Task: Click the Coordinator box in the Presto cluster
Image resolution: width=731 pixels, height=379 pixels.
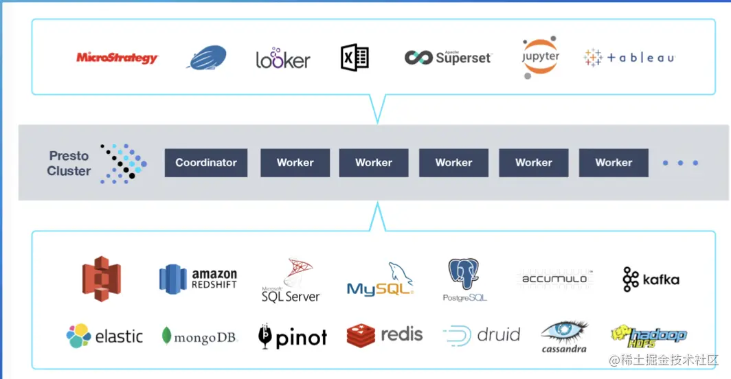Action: (206, 163)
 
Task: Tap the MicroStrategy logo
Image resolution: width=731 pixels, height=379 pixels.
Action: (117, 58)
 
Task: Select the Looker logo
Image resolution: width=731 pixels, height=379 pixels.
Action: (283, 59)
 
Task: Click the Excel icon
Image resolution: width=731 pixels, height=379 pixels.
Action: (355, 58)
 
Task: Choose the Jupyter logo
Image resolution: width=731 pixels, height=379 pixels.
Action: (540, 58)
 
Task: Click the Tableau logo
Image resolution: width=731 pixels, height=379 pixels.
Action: (629, 58)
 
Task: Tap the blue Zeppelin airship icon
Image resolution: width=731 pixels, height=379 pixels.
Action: (207, 58)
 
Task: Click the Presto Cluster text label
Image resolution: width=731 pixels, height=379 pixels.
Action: (69, 163)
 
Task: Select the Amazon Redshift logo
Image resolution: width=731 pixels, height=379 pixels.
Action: (198, 279)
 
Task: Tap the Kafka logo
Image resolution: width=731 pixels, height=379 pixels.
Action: (651, 279)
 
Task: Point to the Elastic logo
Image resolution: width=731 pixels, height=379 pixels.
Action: (104, 336)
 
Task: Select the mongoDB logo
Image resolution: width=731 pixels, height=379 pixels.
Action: (199, 336)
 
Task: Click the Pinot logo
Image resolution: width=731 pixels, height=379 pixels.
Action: (293, 336)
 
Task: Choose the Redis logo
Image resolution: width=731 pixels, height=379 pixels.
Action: (385, 335)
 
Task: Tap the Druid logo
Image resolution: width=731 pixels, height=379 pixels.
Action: (482, 335)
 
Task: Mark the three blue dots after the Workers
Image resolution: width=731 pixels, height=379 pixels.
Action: (680, 163)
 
